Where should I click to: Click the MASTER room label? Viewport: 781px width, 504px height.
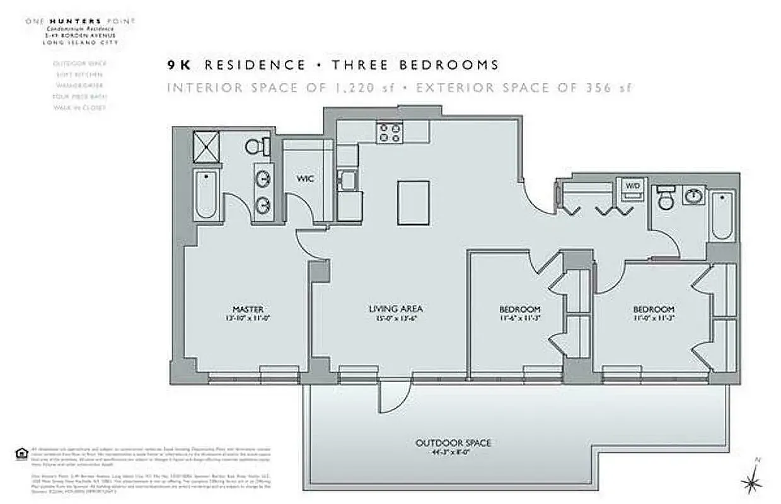click(248, 309)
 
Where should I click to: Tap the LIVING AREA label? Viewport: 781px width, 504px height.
click(395, 309)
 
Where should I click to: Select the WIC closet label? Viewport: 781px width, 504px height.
click(305, 179)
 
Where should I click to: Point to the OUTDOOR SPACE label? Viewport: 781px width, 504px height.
click(453, 443)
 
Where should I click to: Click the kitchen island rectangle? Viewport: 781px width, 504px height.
click(414, 202)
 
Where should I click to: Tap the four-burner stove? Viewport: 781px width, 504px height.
click(390, 133)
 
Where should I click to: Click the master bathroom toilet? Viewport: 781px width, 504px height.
click(257, 146)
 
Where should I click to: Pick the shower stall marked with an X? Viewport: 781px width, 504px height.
click(205, 146)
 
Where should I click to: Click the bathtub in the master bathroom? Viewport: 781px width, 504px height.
click(205, 195)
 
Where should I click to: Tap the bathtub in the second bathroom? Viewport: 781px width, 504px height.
click(722, 215)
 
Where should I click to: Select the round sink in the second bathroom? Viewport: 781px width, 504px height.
click(694, 195)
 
